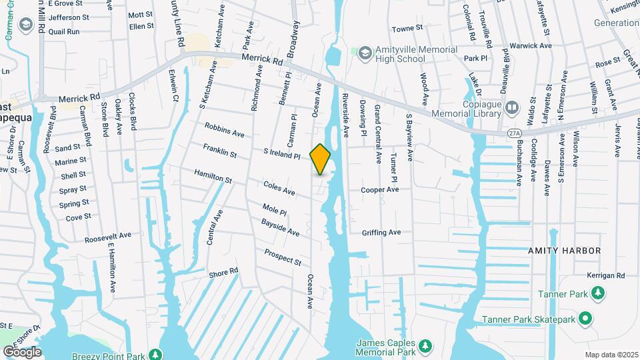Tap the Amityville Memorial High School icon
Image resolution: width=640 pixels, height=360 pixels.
pyautogui.click(x=365, y=52)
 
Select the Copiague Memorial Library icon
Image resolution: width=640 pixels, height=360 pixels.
pyautogui.click(x=512, y=107)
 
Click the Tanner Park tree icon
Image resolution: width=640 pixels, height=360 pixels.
pyautogui.click(x=599, y=293)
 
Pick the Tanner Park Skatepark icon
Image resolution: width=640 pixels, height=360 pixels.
pyautogui.click(x=585, y=319)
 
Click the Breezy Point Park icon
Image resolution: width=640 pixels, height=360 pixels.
pyautogui.click(x=155, y=354)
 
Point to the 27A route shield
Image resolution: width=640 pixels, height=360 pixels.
pyautogui.click(x=514, y=133)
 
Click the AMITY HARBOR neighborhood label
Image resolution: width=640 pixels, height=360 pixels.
pyautogui.click(x=565, y=251)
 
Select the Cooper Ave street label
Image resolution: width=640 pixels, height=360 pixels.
pyautogui.click(x=379, y=190)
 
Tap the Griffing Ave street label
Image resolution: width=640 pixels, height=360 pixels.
pyautogui.click(x=381, y=233)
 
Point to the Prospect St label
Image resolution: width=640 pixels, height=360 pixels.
pyautogui.click(x=283, y=257)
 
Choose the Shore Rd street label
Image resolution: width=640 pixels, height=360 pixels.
pyautogui.click(x=223, y=273)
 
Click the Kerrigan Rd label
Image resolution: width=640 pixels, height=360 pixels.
pyautogui.click(x=606, y=275)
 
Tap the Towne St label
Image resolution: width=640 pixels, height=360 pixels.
pyautogui.click(x=407, y=29)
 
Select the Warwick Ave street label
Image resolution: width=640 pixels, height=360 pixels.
pyautogui.click(x=531, y=46)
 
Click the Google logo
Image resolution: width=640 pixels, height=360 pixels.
pyautogui.click(x=22, y=351)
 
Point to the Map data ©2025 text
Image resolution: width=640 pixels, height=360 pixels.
pyautogui.click(x=611, y=355)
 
